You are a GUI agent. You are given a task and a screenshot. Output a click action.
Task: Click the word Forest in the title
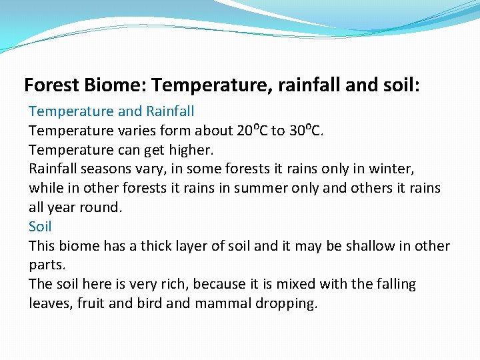[52, 85]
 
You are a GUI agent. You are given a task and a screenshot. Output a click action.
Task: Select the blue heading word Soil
[40, 227]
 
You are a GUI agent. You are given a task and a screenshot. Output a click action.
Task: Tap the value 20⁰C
[252, 130]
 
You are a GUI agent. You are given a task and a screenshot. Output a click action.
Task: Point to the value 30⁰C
[307, 130]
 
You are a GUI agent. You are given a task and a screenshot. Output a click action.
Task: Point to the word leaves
[48, 303]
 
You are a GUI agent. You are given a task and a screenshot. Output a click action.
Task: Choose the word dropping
[287, 304]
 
